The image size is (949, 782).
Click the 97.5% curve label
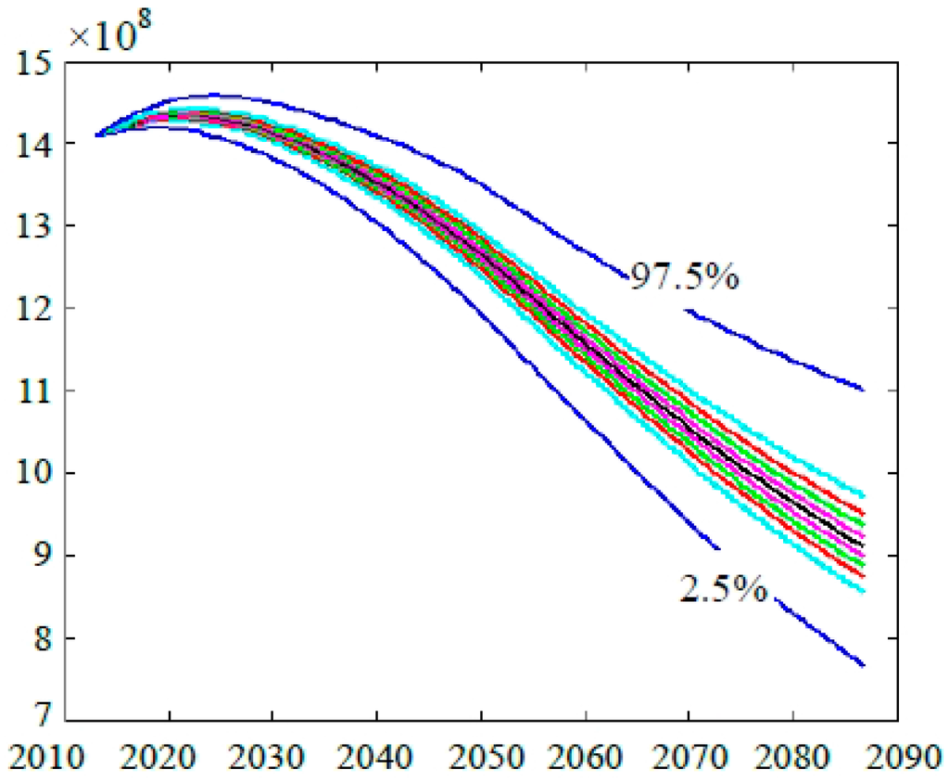(x=684, y=276)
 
